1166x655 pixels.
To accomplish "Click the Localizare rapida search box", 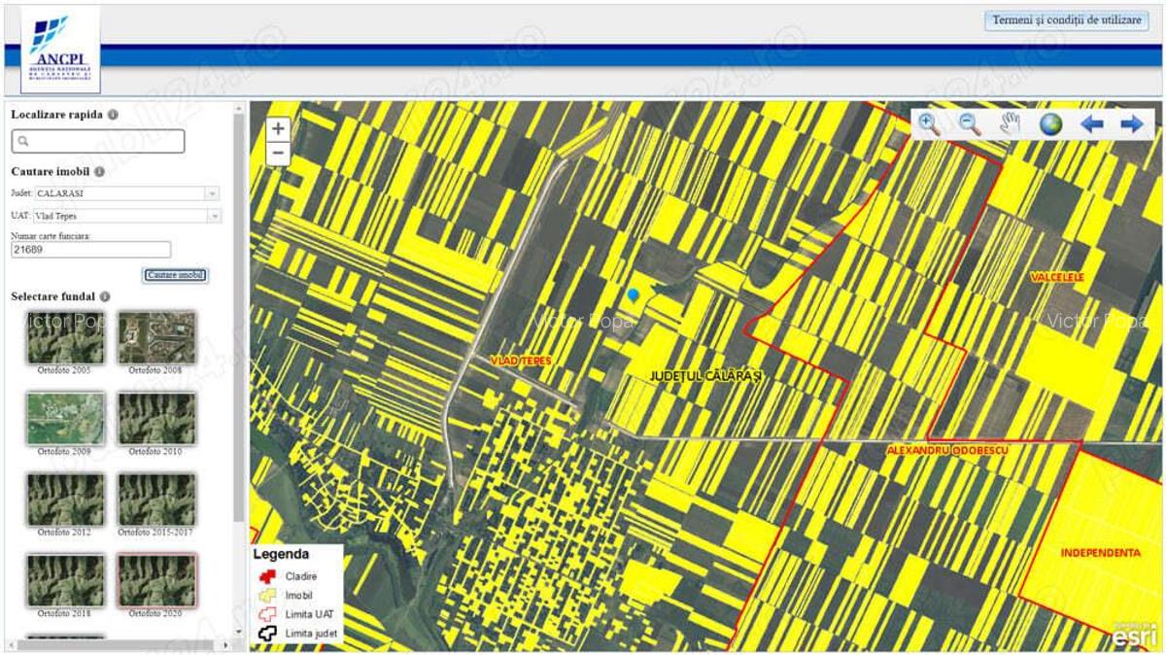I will pyautogui.click(x=97, y=142).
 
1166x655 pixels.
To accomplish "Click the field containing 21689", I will pyautogui.click(x=90, y=250).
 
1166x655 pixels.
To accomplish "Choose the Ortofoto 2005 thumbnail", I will pyautogui.click(x=65, y=338).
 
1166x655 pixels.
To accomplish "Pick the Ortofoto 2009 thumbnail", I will pyautogui.click(x=65, y=418).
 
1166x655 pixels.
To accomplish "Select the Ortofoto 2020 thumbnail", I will pyautogui.click(x=156, y=580).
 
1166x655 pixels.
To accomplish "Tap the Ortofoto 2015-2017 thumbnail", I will pyautogui.click(x=156, y=500).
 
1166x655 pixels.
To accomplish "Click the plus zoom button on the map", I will pyautogui.click(x=278, y=128).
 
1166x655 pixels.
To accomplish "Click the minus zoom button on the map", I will pyautogui.click(x=278, y=154).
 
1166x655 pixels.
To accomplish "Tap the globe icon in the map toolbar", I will pyautogui.click(x=1050, y=124).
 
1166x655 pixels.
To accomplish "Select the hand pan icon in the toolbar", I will pyautogui.click(x=1011, y=124).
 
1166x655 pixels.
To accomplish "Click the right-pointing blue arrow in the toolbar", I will pyautogui.click(x=1131, y=124).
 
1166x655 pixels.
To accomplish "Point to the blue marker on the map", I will pyautogui.click(x=634, y=293).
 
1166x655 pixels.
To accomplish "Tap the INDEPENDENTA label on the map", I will pyautogui.click(x=1100, y=553).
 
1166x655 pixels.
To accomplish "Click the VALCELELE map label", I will pyautogui.click(x=1057, y=278).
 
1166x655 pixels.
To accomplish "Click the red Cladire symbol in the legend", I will pyautogui.click(x=267, y=576).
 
